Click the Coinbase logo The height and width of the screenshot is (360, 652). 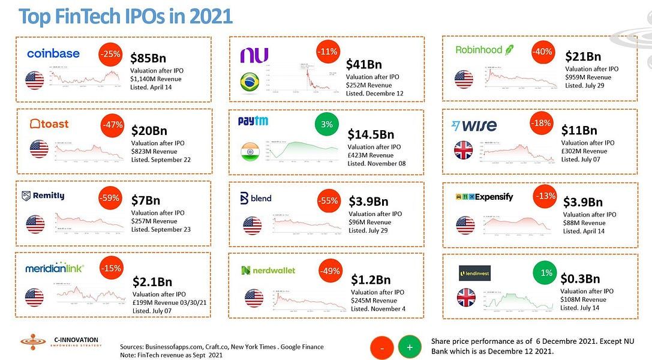tap(53, 54)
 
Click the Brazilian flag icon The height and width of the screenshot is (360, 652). tap(250, 83)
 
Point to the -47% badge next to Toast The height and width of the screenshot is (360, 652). tap(113, 125)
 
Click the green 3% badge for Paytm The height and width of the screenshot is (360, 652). tap(327, 124)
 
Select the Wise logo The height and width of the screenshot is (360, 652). tap(474, 126)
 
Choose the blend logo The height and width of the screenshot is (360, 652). tap(256, 198)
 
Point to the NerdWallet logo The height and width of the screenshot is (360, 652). tap(268, 271)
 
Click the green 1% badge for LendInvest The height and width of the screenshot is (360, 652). tap(546, 272)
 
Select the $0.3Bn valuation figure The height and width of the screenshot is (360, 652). tap(580, 278)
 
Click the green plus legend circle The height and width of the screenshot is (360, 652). tap(410, 347)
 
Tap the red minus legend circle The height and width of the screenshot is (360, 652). tap(383, 347)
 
